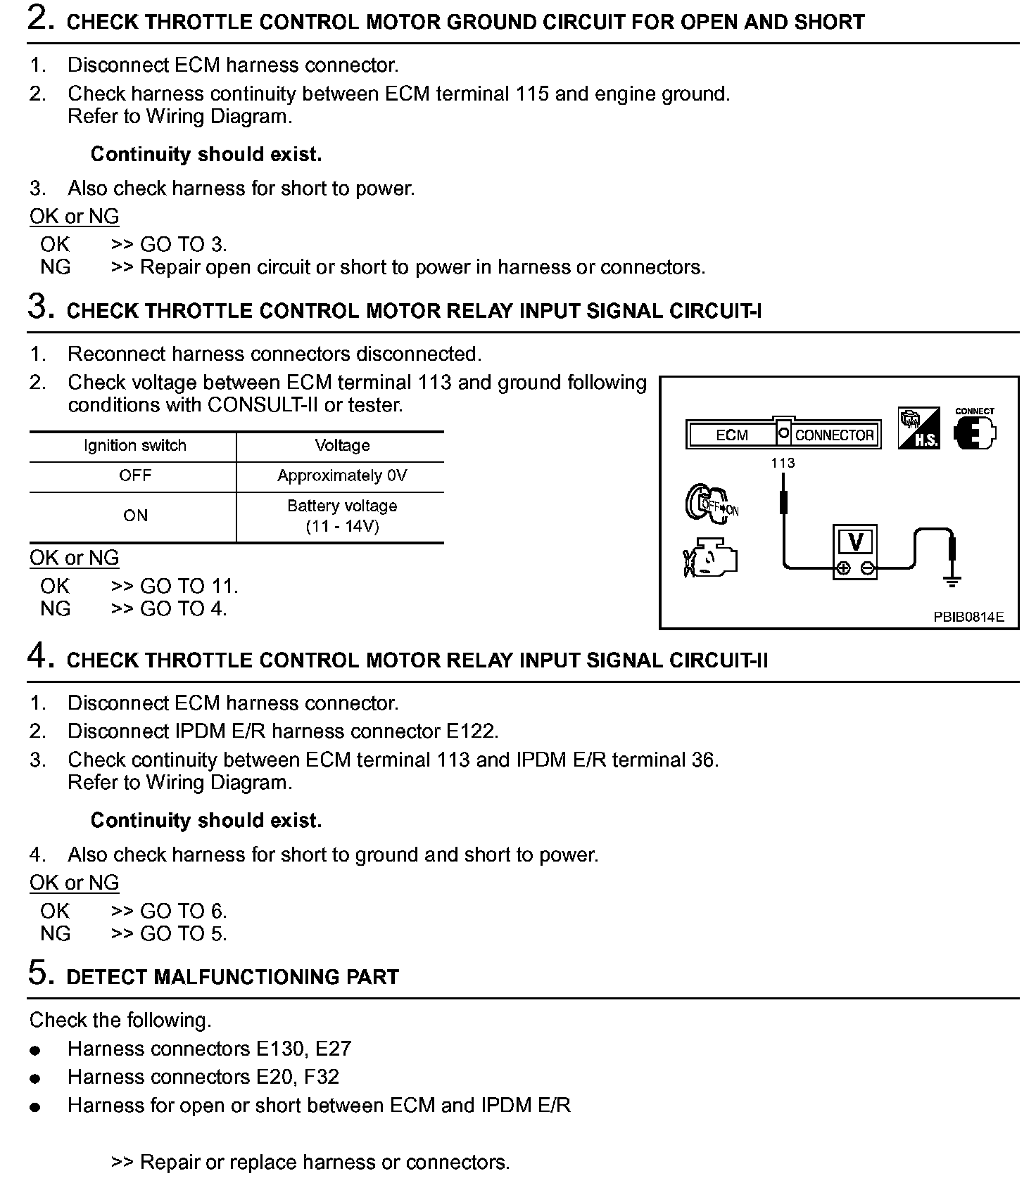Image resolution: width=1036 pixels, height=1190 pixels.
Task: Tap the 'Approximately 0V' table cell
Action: coord(342,476)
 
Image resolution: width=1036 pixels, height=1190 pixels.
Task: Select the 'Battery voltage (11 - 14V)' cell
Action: coord(342,516)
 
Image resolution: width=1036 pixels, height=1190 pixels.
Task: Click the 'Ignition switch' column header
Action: coord(134,446)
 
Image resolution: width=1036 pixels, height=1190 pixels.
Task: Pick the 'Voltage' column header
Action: coord(342,446)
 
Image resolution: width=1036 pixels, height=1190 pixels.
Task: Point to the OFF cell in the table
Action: coord(134,476)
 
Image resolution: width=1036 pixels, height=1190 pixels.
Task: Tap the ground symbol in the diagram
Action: coord(952,580)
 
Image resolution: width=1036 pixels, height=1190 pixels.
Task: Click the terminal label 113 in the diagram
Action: coord(783,463)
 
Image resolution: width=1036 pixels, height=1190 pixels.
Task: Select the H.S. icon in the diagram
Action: coord(918,428)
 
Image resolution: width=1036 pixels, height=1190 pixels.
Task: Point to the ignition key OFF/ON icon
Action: coord(711,504)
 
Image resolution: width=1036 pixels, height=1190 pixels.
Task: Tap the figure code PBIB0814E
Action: coord(968,618)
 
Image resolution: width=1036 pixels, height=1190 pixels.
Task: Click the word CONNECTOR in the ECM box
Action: coord(834,435)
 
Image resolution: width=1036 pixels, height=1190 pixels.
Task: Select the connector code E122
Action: coord(471,731)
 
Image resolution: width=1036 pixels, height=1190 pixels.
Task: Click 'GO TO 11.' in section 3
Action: coord(189,586)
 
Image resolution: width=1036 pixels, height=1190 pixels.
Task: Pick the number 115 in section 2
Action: coord(531,94)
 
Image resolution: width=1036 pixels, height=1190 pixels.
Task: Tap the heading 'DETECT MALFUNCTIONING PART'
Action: coord(232,977)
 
